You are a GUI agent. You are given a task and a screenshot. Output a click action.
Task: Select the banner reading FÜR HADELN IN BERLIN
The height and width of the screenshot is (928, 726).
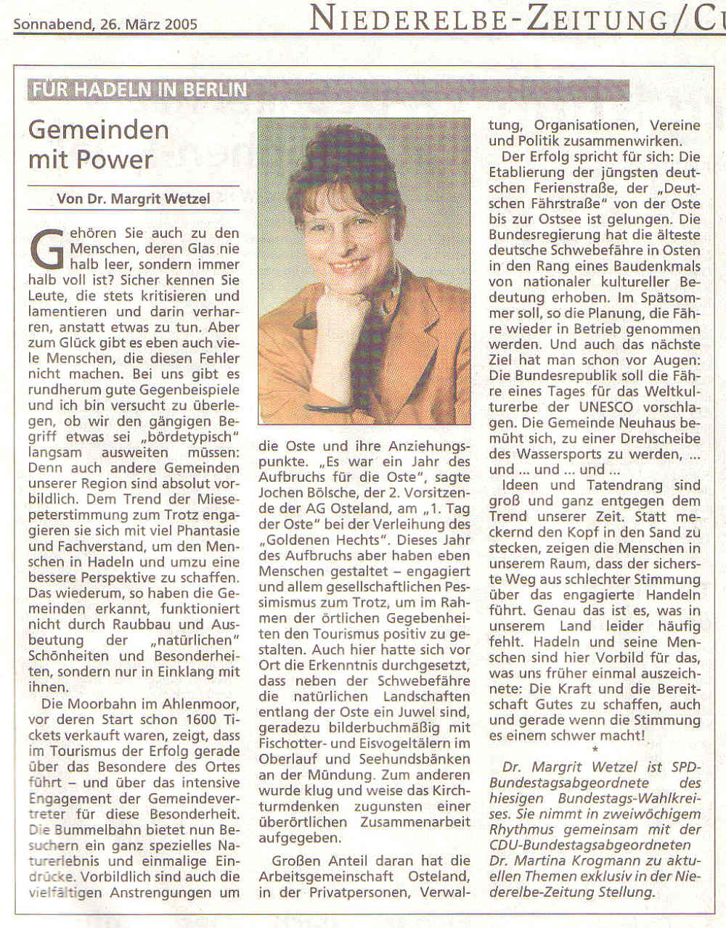[x=139, y=90]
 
